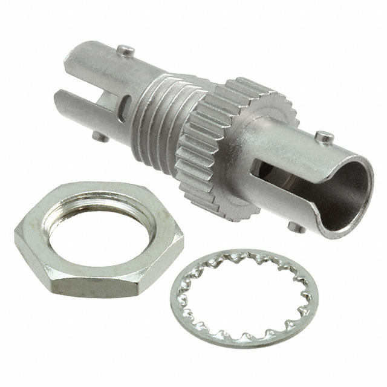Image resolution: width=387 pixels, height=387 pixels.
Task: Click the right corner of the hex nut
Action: [181, 242]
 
